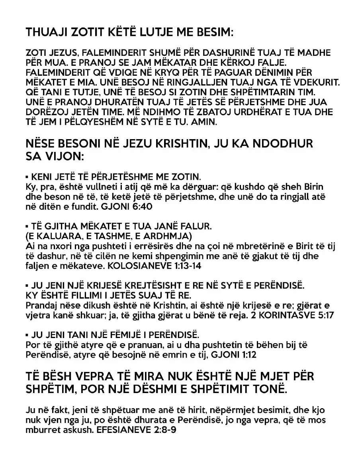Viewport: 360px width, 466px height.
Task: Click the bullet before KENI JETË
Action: (27, 176)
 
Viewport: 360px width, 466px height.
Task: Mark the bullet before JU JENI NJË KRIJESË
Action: (27, 286)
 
